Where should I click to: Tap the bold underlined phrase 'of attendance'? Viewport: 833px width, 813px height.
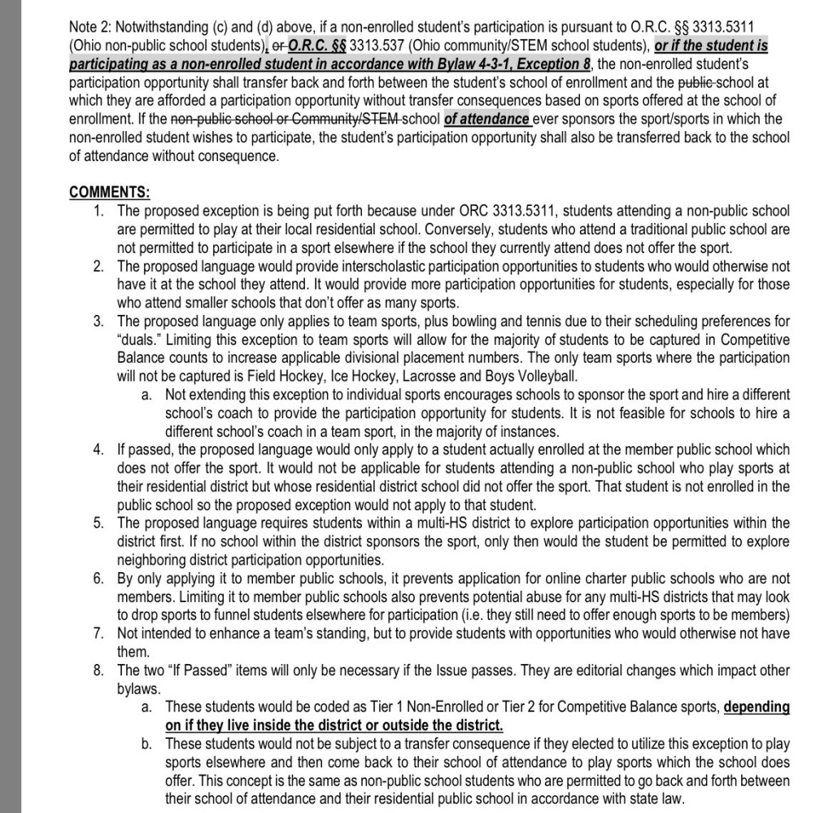click(x=486, y=119)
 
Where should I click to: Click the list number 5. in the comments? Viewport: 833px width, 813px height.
click(x=98, y=522)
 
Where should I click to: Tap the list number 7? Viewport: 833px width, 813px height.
click(x=98, y=633)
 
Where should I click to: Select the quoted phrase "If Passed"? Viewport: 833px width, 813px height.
click(x=185, y=671)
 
